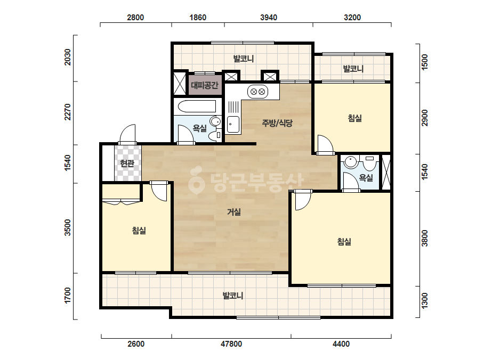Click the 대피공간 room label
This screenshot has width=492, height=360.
click(x=205, y=85)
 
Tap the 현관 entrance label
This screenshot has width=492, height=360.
click(x=127, y=163)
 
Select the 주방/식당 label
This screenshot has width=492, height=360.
click(x=277, y=123)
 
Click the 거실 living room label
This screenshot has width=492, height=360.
click(x=234, y=212)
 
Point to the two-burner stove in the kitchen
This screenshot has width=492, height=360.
click(x=258, y=92)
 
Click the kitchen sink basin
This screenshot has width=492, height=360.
click(x=233, y=125)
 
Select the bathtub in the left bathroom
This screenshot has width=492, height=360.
click(x=197, y=107)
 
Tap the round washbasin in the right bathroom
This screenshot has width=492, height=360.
click(x=350, y=162)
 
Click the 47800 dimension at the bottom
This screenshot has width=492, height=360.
click(x=231, y=344)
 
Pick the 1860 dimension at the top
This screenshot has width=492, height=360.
click(x=198, y=18)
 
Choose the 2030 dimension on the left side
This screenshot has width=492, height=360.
click(x=68, y=57)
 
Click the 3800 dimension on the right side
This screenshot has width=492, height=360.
click(x=424, y=239)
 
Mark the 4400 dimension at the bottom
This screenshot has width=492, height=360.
click(x=341, y=344)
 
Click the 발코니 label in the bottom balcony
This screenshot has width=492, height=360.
click(x=233, y=296)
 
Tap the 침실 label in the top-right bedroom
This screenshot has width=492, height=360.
click(x=355, y=118)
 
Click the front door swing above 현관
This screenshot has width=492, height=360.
click(x=128, y=134)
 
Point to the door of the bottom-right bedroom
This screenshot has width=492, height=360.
click(x=302, y=200)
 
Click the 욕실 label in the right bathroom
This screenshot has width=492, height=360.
click(x=366, y=178)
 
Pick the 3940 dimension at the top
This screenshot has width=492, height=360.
click(x=269, y=18)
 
